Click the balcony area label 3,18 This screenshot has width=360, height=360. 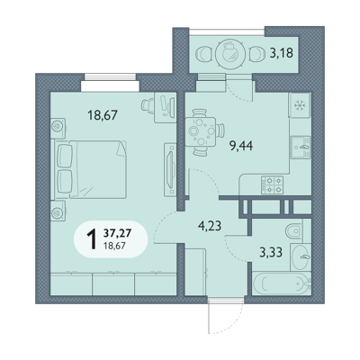click(x=281, y=53)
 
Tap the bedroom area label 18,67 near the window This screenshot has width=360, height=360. click(x=103, y=114)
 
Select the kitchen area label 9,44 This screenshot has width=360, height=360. click(x=241, y=146)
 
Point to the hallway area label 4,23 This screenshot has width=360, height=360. click(x=210, y=226)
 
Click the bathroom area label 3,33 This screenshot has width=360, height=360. click(x=271, y=252)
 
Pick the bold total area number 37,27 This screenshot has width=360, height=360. click(x=118, y=232)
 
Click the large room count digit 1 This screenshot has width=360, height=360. click(x=92, y=238)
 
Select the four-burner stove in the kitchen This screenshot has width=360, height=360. click(x=272, y=184)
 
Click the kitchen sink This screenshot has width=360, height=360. click(x=300, y=147)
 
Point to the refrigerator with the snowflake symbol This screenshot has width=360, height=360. click(x=299, y=104)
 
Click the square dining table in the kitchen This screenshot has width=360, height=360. click(x=200, y=131)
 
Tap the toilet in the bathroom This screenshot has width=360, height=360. click(x=294, y=231)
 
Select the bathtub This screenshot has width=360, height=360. click(x=282, y=283)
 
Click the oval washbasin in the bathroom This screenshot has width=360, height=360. click(x=301, y=257)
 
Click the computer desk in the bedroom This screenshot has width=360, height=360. click(x=165, y=107)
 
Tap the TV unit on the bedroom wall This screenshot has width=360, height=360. click(x=170, y=169)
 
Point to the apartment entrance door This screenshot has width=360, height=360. click(x=226, y=315)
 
